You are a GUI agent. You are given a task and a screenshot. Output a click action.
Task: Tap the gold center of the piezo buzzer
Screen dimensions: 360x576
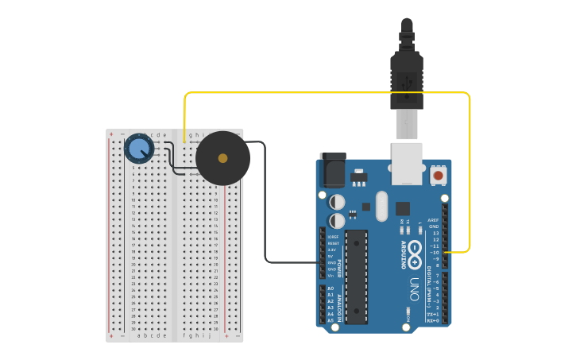click(222, 158)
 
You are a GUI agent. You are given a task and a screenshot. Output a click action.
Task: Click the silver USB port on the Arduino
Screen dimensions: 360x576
click(408, 163)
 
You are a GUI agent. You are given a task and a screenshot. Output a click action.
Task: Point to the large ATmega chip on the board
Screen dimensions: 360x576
click(357, 277)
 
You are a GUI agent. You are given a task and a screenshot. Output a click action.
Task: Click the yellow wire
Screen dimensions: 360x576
click(326, 93)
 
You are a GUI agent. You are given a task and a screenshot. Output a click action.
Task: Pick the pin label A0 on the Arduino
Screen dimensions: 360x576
click(331, 288)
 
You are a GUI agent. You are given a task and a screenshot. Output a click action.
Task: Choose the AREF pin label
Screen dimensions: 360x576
click(433, 220)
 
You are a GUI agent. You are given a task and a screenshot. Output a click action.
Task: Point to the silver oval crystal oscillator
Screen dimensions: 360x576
click(381, 206)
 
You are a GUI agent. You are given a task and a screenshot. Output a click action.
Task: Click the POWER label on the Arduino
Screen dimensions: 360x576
click(339, 266)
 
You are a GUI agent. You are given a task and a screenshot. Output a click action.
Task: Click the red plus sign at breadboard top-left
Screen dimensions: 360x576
click(111, 135)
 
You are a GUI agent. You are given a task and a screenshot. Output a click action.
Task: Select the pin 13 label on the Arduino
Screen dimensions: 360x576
click(435, 233)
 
